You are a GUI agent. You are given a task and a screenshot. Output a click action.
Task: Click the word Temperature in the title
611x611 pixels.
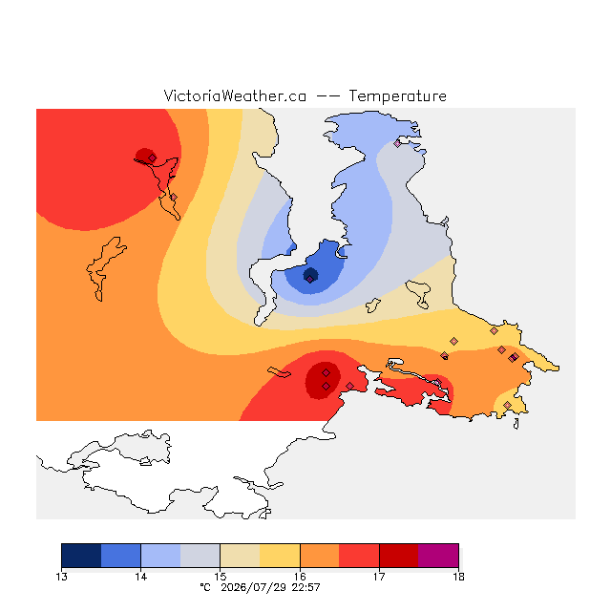pos(397,96)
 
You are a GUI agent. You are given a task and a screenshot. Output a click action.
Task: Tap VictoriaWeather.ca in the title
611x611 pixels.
pos(235,96)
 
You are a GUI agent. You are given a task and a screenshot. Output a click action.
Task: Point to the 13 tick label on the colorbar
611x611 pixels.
pos(61,577)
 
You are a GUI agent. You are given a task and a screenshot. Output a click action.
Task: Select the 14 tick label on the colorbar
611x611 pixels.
pos(140,577)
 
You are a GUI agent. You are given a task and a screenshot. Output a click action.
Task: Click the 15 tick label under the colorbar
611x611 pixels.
pos(221,577)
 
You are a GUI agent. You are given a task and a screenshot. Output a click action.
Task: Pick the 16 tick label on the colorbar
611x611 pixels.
pos(300,577)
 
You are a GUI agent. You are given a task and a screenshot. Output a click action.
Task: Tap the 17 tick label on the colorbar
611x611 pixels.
pos(379,577)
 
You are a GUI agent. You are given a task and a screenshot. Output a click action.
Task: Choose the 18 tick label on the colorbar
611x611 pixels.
pos(458,577)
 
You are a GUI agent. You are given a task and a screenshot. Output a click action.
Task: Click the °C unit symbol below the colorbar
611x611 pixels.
pos(205,587)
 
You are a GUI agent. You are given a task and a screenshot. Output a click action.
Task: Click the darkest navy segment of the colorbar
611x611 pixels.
pos(81,556)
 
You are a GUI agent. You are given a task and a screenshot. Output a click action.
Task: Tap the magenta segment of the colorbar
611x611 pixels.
pos(438,556)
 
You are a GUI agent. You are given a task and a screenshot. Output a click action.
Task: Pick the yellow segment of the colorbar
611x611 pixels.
pos(280,556)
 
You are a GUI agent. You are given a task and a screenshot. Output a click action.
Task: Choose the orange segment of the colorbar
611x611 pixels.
pos(320,556)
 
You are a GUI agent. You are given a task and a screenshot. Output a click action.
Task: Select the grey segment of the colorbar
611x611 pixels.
pos(200,556)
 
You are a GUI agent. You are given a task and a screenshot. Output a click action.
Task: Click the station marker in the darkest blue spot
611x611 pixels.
pos(309,279)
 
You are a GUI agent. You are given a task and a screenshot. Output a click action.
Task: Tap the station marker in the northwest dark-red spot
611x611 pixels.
pos(153,158)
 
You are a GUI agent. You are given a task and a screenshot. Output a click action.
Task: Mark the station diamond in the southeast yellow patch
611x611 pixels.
pos(507,405)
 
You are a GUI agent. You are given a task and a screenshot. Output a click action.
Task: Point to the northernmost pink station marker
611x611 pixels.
pos(397,143)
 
